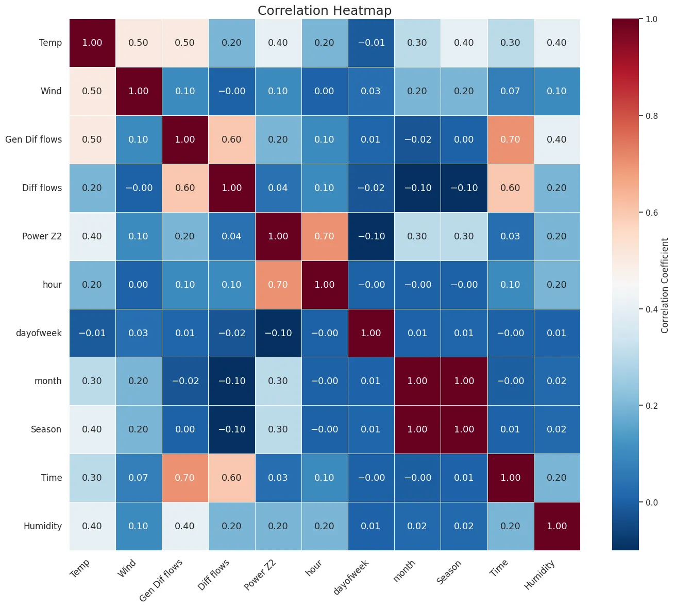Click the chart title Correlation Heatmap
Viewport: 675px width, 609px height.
coord(325,11)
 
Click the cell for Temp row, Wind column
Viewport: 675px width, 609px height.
coord(139,43)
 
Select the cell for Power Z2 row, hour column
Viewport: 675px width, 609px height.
coord(325,236)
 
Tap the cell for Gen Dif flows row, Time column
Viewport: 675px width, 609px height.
coord(510,140)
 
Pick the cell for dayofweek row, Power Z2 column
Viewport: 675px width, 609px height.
coord(278,333)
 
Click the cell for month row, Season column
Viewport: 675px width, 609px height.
coord(464,381)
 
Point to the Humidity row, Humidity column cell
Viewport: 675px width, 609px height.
coord(557,526)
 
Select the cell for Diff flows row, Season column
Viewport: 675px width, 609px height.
coord(464,188)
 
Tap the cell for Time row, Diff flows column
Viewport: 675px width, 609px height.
coord(231,478)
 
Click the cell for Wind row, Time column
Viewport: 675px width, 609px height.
coord(510,91)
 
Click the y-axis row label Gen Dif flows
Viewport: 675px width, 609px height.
coord(33,140)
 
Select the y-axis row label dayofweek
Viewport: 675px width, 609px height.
coord(39,333)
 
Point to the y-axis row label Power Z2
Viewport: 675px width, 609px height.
coord(42,236)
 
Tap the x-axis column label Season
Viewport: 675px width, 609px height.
coord(449,571)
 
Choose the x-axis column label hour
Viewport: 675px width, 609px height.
coord(314,567)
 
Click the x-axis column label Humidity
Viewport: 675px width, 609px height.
coord(540,574)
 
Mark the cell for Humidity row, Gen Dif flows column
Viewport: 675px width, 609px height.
coord(185,526)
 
